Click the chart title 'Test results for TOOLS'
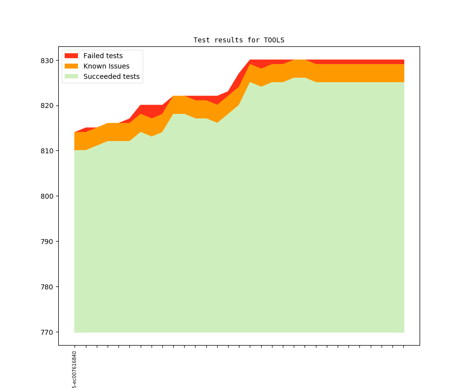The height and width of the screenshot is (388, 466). click(x=238, y=40)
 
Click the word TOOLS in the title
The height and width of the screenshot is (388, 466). click(x=274, y=40)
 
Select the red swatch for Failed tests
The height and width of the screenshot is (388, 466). click(x=72, y=56)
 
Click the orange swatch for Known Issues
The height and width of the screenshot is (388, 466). click(x=72, y=66)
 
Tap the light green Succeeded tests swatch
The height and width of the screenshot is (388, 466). click(x=72, y=76)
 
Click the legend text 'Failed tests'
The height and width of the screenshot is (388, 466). click(x=103, y=56)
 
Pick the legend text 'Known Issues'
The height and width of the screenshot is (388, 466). click(x=106, y=66)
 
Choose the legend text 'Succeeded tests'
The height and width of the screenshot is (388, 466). click(x=111, y=76)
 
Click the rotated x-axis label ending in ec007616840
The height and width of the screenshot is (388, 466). click(x=75, y=370)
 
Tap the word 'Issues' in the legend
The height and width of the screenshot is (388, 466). click(x=118, y=66)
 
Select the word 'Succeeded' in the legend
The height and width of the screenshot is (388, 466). click(x=100, y=76)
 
